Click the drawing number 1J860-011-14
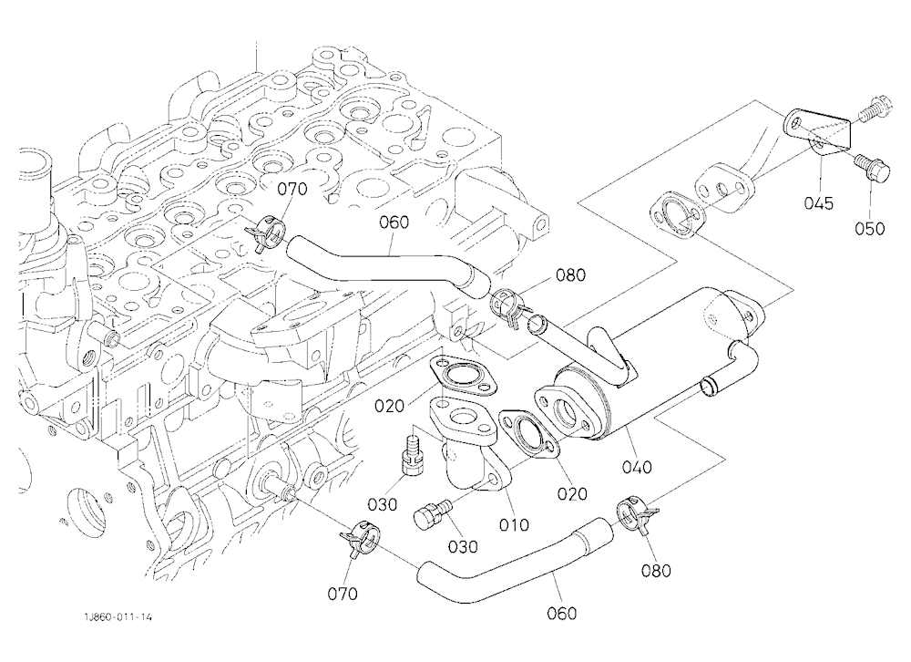click(x=118, y=617)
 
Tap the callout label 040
click(x=637, y=467)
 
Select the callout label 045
click(x=819, y=203)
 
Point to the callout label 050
click(x=870, y=229)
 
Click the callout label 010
click(x=514, y=524)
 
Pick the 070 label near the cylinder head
click(x=292, y=189)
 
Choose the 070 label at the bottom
click(x=343, y=594)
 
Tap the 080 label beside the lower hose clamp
click(x=656, y=571)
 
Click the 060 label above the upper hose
click(x=394, y=222)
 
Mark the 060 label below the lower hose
click(x=562, y=613)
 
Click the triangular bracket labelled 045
click(x=819, y=133)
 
